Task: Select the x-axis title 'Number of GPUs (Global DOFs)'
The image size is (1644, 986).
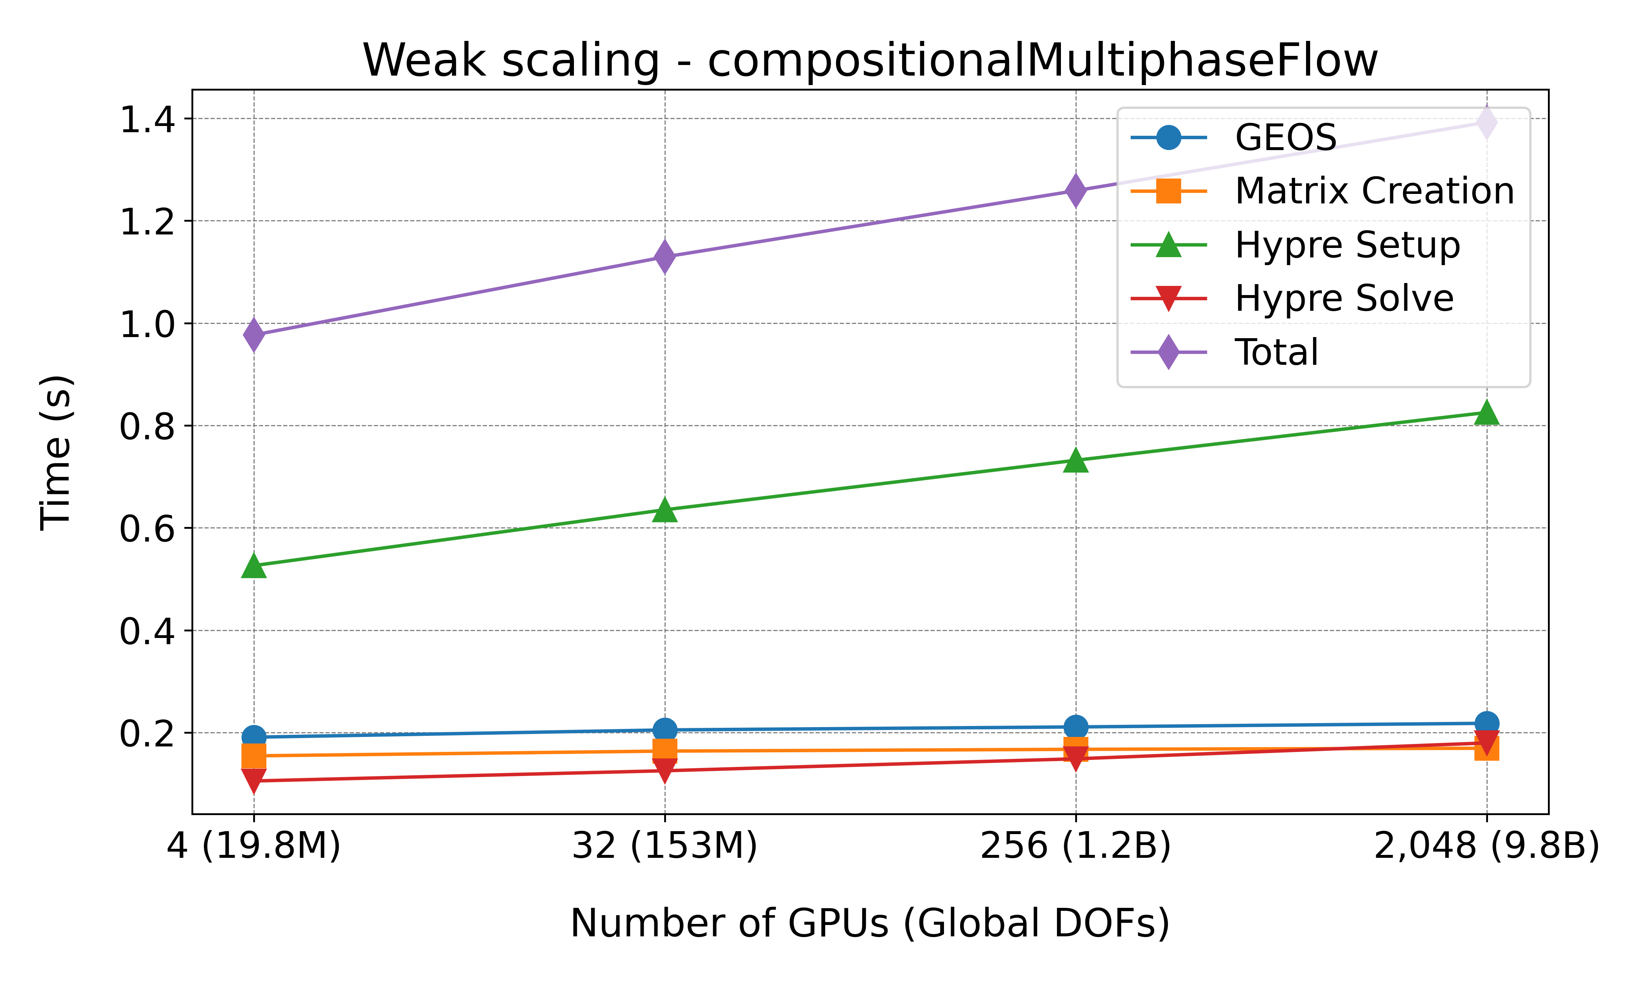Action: tap(870, 924)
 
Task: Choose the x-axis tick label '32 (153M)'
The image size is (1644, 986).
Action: tap(665, 846)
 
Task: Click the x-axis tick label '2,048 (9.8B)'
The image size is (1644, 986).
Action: tap(1487, 846)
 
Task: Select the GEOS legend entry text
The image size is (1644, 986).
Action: tap(1285, 138)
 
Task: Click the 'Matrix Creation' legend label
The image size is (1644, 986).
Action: tap(1374, 191)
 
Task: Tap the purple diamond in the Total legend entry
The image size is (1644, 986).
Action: tap(1168, 352)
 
